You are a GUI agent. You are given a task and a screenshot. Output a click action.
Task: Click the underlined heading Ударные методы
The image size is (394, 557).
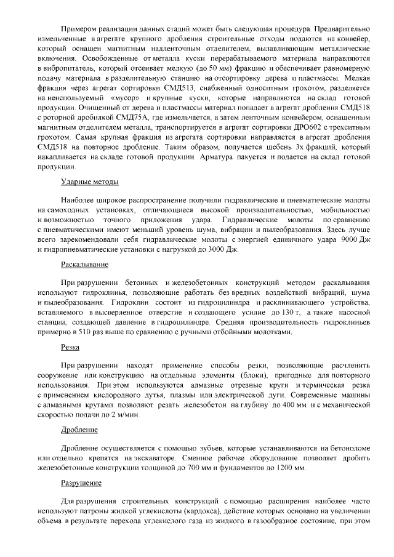(89, 182)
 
